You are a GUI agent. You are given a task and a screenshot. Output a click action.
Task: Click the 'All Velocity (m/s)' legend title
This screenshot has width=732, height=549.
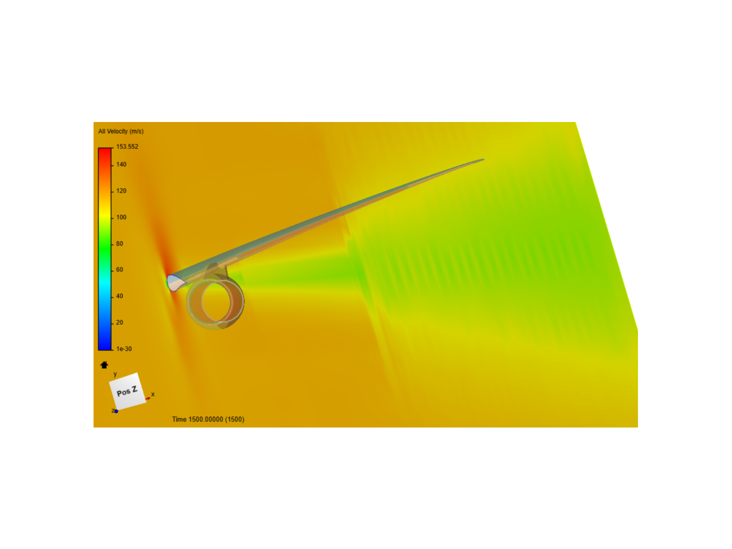(x=120, y=131)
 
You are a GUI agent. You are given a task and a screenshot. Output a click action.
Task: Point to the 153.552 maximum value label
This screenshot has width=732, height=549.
(x=127, y=147)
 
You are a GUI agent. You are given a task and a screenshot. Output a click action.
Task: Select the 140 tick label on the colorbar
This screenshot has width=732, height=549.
(x=121, y=164)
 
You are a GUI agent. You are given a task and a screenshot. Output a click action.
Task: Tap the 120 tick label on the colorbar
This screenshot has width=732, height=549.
(x=121, y=191)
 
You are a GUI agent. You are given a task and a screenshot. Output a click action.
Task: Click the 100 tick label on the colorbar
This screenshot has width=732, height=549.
(x=121, y=218)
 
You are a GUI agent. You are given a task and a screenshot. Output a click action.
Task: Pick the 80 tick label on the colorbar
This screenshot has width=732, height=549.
(x=119, y=243)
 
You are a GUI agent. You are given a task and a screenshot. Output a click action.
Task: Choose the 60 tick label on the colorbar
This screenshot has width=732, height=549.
(x=119, y=269)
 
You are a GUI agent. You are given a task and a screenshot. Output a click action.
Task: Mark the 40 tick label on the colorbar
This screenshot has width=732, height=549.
(x=119, y=296)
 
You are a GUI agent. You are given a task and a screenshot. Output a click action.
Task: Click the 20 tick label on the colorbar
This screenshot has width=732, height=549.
(x=119, y=322)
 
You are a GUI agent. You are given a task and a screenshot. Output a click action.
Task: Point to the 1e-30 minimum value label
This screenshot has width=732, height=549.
(x=124, y=349)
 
